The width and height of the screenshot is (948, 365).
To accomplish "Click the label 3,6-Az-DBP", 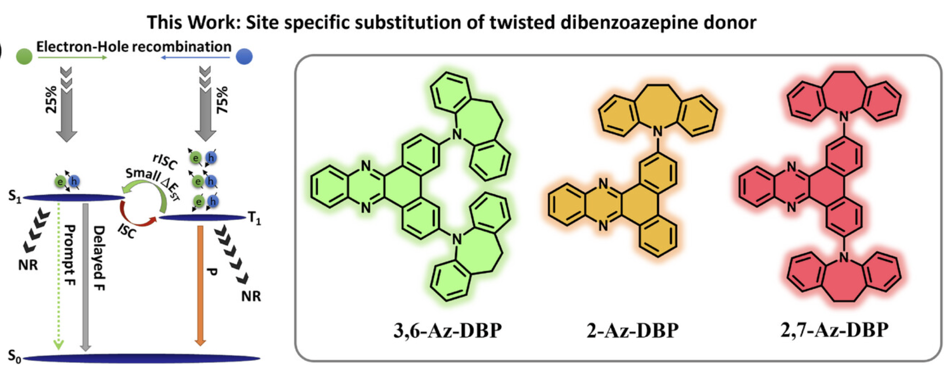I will coord(447,331).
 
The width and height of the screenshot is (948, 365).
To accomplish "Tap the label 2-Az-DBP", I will coord(632,331).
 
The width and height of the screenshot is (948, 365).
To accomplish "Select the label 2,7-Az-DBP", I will coord(834,330).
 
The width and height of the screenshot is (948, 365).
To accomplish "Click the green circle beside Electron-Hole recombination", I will coord(24,56).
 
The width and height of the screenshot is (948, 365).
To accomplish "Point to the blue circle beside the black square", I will coord(245,56).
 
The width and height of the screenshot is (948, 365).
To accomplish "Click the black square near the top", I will coord(277,51).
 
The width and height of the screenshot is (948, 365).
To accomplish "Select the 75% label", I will coord(222,99).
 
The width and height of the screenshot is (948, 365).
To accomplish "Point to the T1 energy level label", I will coord(254,218).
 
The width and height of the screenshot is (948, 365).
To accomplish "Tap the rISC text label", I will coord(165,161).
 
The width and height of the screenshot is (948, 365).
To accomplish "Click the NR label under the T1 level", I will coord(251,296).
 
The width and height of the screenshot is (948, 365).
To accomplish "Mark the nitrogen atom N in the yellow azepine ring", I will coord(658,132).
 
